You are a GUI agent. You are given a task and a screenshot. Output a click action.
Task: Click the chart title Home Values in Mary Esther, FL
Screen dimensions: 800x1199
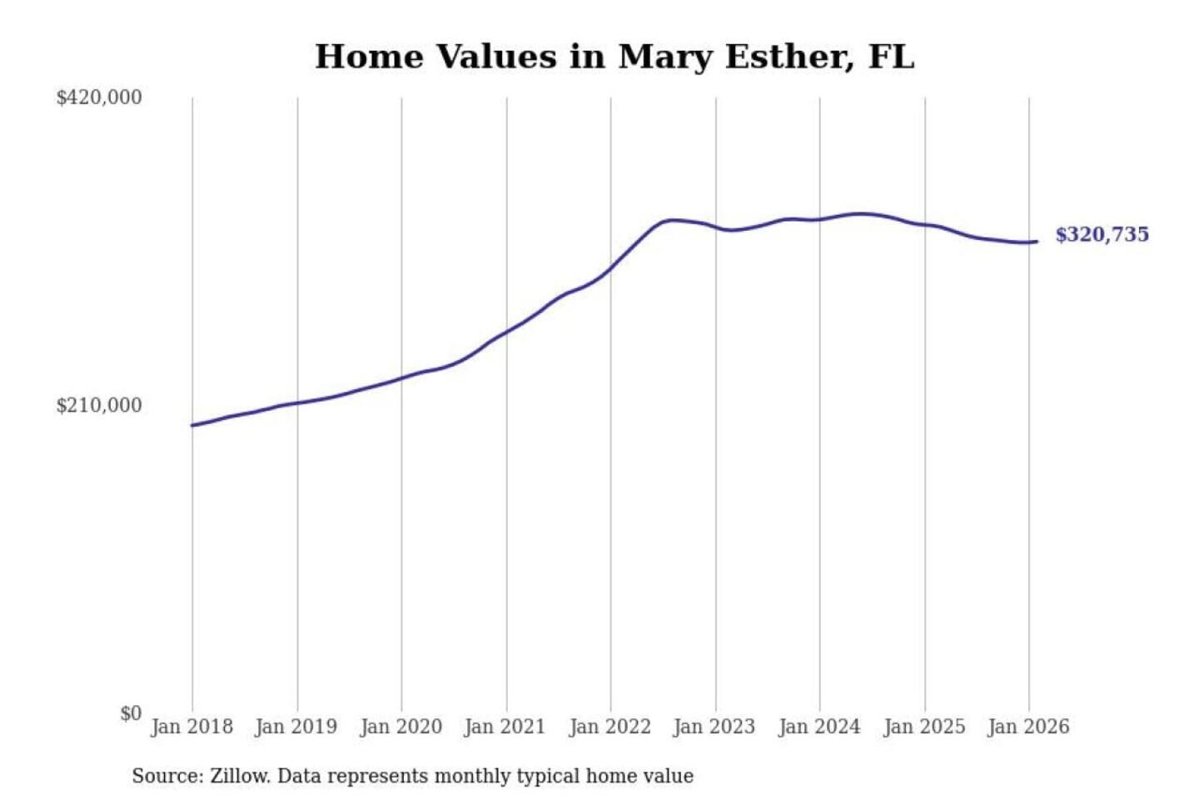[614, 57]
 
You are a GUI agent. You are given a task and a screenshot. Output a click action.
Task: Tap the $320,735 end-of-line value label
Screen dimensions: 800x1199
[1102, 235]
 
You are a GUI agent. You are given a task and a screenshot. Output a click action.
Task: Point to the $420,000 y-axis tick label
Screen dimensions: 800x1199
[99, 97]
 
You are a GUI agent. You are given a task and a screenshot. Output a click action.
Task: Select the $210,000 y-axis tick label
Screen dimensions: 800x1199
[99, 406]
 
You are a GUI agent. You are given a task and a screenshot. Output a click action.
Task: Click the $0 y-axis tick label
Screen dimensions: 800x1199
[131, 713]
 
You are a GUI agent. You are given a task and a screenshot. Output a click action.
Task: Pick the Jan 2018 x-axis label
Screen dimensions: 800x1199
[192, 727]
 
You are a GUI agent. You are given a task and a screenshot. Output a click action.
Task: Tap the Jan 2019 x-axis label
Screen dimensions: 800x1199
[296, 727]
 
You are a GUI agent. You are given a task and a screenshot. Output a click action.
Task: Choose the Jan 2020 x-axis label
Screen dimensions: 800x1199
[400, 727]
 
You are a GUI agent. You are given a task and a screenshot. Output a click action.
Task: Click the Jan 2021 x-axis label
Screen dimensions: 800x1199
[505, 727]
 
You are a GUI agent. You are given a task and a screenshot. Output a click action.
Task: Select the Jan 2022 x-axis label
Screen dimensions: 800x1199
[609, 727]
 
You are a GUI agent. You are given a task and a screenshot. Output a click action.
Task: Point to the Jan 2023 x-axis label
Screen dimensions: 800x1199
[714, 727]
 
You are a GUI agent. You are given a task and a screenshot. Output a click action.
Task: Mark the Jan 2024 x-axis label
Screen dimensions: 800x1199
[818, 727]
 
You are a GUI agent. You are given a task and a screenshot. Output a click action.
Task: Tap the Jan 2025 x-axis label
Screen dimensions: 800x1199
[923, 727]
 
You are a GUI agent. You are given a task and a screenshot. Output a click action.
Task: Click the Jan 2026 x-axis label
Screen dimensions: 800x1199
[1028, 727]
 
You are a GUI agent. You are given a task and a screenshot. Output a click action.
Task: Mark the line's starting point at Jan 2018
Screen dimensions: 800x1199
[192, 425]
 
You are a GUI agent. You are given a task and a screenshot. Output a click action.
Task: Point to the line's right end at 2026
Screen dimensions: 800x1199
[1037, 242]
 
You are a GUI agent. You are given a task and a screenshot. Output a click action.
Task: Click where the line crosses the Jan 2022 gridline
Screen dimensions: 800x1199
[610, 268]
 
